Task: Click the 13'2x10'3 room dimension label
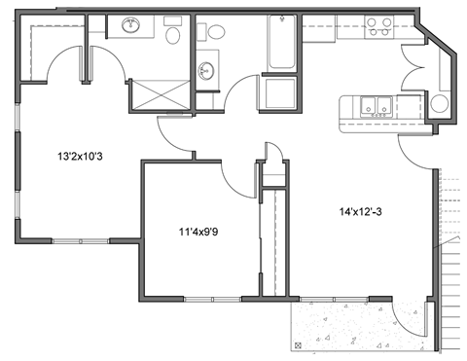point(79,155)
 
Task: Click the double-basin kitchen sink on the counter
point(374,106)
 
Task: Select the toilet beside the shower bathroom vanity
point(173,36)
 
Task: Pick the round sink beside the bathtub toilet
point(206,71)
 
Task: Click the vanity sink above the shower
point(129,27)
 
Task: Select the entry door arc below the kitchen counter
point(414,150)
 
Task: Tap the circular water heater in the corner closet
point(439,102)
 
